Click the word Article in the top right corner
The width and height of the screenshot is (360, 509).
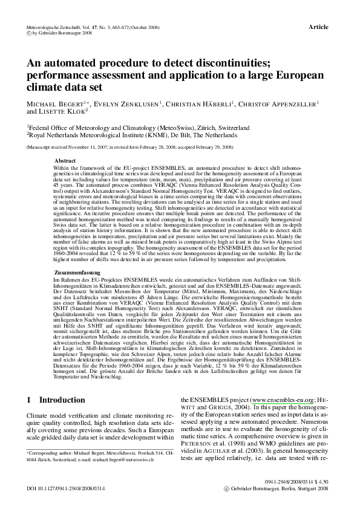click(x=318, y=27)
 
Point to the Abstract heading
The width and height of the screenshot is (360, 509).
click(x=65, y=160)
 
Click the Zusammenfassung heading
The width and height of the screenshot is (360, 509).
click(x=73, y=273)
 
